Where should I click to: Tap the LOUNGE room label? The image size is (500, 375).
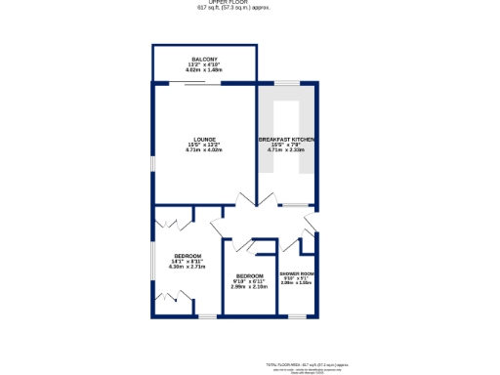(x=204, y=139)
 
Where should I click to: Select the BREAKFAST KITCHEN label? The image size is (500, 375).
(x=286, y=139)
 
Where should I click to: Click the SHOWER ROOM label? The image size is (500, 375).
(x=296, y=272)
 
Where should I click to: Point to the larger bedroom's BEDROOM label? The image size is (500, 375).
(x=187, y=256)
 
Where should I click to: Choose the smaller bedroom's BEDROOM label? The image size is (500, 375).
(x=249, y=275)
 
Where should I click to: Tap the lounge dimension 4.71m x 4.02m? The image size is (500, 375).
(x=204, y=150)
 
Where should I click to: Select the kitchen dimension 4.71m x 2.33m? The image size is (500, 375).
(x=286, y=150)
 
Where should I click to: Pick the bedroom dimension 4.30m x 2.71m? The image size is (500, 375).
(x=187, y=268)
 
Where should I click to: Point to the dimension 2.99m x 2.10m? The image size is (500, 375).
(x=249, y=287)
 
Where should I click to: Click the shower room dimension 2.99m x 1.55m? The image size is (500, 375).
(x=296, y=283)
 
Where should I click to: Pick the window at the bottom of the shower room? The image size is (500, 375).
(x=296, y=316)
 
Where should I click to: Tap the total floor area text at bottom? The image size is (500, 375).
(x=309, y=362)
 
